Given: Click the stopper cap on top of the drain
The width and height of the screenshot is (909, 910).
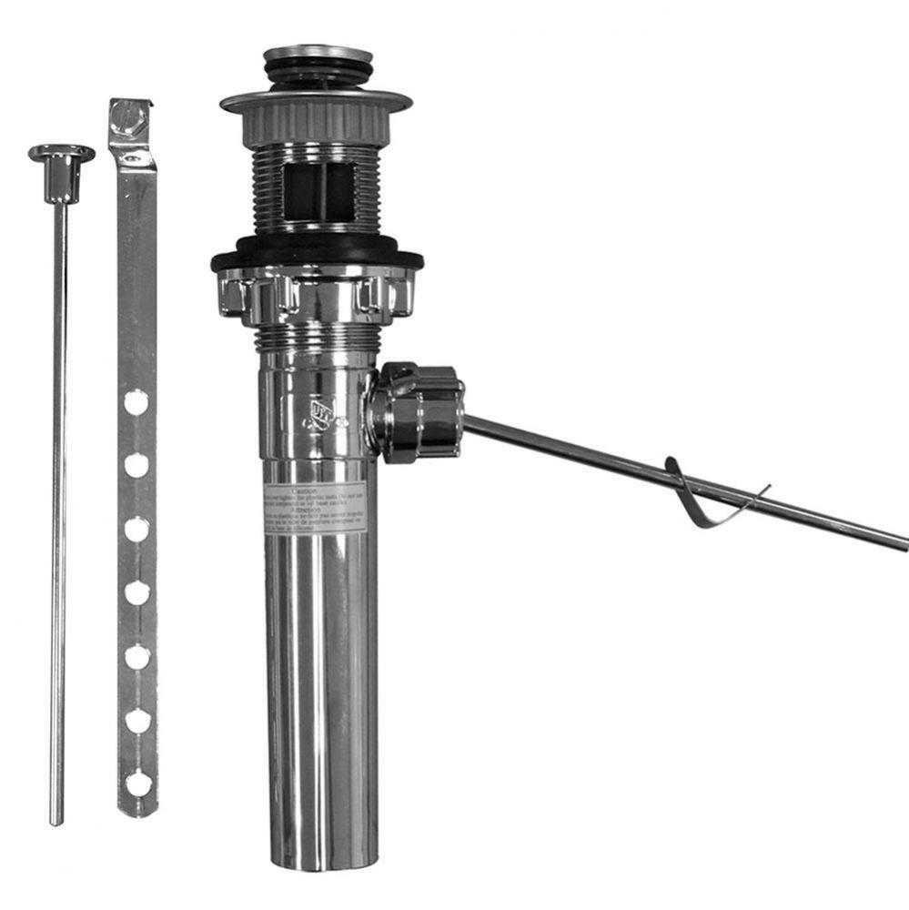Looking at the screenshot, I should tap(318, 53).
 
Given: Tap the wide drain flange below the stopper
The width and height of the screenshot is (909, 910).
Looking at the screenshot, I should tap(317, 100).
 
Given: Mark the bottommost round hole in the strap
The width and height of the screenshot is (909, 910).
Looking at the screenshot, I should tap(137, 783).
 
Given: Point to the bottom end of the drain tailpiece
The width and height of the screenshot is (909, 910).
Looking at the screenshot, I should tap(320, 860).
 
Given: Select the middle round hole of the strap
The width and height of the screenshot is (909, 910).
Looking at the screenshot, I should tap(136, 592).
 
